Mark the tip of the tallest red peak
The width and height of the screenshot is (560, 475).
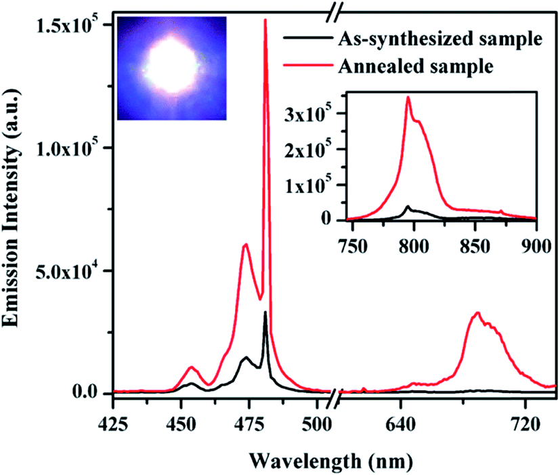point(265,20)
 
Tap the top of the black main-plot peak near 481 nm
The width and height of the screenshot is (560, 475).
point(265,312)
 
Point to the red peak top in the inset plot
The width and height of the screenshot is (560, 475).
point(408,97)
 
